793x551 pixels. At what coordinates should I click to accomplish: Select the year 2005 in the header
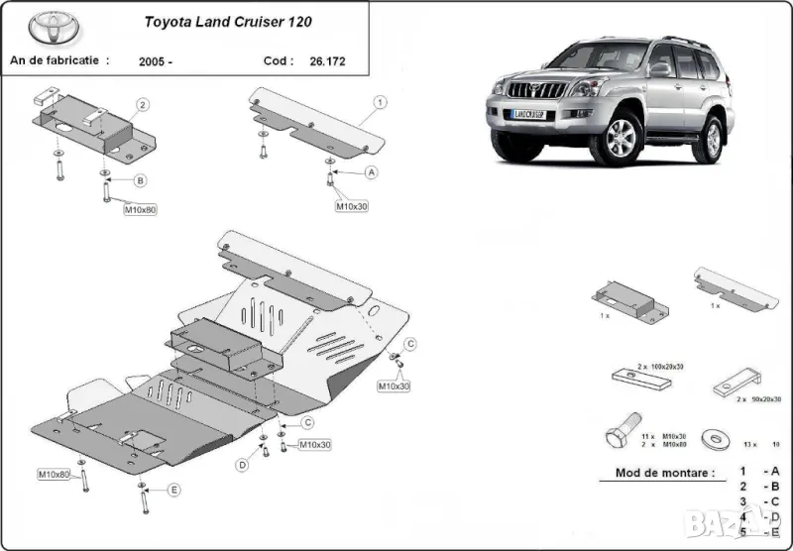156,61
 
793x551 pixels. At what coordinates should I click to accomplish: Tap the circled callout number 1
380,102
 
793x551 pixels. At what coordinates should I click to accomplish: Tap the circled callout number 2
143,104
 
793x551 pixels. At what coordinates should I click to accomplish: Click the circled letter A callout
372,171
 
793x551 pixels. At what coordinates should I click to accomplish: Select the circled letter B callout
140,180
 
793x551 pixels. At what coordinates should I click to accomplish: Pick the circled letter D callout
241,465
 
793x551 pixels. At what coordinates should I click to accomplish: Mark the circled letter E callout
173,490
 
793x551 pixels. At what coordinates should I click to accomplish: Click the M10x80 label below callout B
140,209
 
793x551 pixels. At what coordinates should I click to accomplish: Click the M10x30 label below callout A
351,206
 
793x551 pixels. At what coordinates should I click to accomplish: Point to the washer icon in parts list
711,437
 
